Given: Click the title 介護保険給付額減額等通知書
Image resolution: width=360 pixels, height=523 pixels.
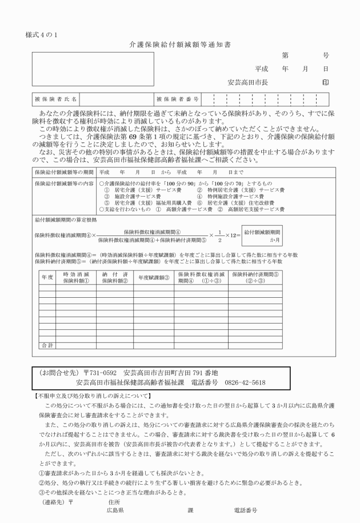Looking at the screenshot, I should (x=180, y=44).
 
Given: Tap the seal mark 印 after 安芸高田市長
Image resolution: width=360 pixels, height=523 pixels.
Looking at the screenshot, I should (x=326, y=82).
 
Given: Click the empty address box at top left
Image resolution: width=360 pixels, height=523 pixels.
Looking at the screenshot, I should (x=93, y=70).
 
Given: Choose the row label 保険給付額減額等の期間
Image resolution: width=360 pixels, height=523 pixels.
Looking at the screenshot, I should (x=63, y=171).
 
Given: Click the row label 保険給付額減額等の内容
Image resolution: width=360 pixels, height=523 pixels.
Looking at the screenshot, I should (x=63, y=182).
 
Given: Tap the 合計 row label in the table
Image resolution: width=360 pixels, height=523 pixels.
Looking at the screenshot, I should (x=47, y=346).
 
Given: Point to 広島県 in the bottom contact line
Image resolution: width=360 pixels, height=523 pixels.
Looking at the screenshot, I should (x=116, y=509).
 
